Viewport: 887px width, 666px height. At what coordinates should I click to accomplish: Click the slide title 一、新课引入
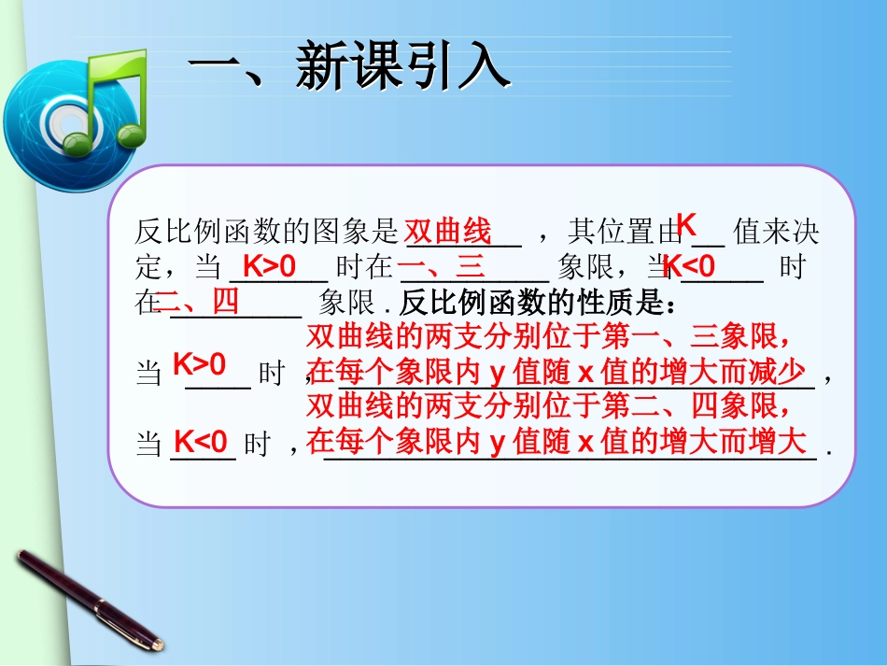tap(350, 68)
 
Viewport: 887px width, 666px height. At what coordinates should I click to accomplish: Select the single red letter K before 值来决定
tap(686, 225)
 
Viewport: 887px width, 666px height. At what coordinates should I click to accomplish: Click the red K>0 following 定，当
tap(269, 267)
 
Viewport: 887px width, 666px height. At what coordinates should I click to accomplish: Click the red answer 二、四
tap(199, 302)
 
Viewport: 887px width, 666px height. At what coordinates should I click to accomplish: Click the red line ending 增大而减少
tap(556, 373)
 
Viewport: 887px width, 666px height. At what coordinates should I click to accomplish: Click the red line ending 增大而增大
tap(556, 441)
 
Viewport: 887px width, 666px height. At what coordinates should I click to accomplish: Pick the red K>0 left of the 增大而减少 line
tap(200, 364)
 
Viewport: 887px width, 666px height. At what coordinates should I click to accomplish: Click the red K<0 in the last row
tap(202, 441)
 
